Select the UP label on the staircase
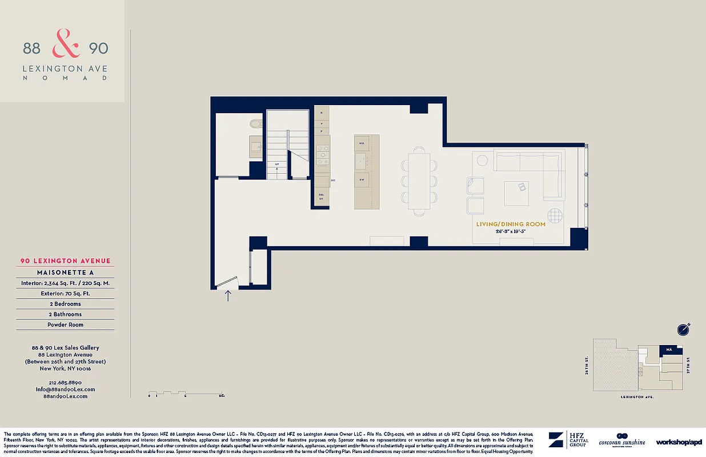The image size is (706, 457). (x=277, y=164)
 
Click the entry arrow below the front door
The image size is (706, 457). (x=228, y=296)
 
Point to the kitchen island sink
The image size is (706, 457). (x=361, y=161)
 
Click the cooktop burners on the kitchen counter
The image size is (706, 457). (x=323, y=151)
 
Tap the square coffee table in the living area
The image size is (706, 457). (x=516, y=193)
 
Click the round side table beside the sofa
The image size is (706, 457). (x=482, y=160)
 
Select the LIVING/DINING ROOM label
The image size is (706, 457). (x=511, y=225)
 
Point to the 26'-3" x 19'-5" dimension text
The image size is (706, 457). (x=511, y=232)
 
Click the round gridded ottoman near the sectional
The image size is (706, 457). (x=555, y=216)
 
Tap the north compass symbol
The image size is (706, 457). (x=683, y=329)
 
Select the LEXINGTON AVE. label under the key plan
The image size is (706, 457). (x=637, y=396)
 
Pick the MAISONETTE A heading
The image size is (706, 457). (x=65, y=272)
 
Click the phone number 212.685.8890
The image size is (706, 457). (x=65, y=382)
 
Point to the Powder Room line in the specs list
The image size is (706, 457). (x=65, y=324)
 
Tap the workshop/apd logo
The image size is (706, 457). (x=679, y=442)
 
